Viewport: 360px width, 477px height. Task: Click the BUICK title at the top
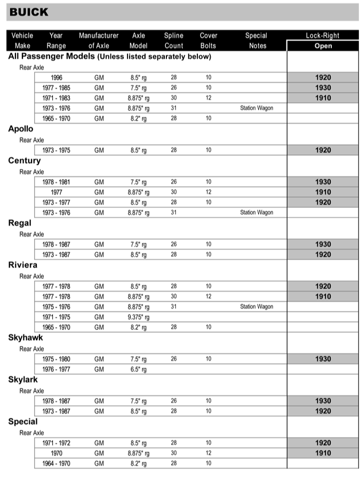pyautogui.click(x=29, y=12)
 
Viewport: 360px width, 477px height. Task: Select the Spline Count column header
pyautogui.click(x=173, y=41)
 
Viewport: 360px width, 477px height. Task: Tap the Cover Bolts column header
pyautogui.click(x=208, y=41)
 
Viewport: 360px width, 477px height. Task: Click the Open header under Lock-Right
pyautogui.click(x=323, y=46)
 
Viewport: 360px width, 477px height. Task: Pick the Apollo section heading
pyautogui.click(x=21, y=129)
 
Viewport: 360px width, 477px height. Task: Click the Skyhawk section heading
pyautogui.click(x=26, y=338)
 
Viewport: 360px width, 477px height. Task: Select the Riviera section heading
pyautogui.click(x=23, y=265)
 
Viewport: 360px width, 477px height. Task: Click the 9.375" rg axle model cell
pyautogui.click(x=139, y=317)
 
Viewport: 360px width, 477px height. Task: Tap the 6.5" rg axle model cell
pyautogui.click(x=139, y=369)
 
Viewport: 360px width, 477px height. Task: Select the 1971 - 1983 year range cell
pyautogui.click(x=56, y=98)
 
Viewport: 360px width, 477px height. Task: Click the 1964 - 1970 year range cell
pyautogui.click(x=56, y=464)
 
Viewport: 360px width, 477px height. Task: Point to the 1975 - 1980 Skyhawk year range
pyautogui.click(x=56, y=359)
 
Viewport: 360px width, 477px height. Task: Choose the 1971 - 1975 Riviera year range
pyautogui.click(x=56, y=317)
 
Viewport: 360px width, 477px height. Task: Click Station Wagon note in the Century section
pyautogui.click(x=257, y=213)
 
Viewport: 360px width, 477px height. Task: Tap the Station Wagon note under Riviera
pyautogui.click(x=257, y=306)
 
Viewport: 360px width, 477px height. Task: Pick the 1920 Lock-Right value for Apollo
pyautogui.click(x=323, y=150)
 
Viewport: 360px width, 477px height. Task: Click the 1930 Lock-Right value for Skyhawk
pyautogui.click(x=323, y=359)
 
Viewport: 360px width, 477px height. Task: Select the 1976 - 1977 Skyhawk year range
pyautogui.click(x=56, y=369)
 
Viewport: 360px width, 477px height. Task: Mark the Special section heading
pyautogui.click(x=23, y=422)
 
